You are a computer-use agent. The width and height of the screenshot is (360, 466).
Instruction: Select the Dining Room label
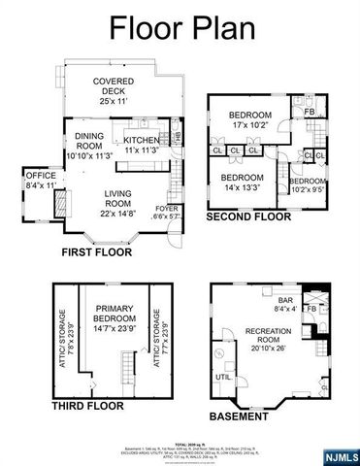tap(84, 146)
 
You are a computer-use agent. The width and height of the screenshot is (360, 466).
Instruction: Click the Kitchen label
tap(141, 146)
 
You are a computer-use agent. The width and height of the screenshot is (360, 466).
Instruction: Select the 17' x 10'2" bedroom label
tap(250, 119)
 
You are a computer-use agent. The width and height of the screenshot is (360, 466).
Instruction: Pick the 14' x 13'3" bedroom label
tap(242, 183)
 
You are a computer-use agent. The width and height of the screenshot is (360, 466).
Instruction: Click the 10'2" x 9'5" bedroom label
tap(308, 184)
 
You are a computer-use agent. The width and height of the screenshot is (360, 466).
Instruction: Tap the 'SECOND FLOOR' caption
tap(248, 219)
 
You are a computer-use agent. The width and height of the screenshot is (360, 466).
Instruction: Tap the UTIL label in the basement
tap(223, 376)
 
